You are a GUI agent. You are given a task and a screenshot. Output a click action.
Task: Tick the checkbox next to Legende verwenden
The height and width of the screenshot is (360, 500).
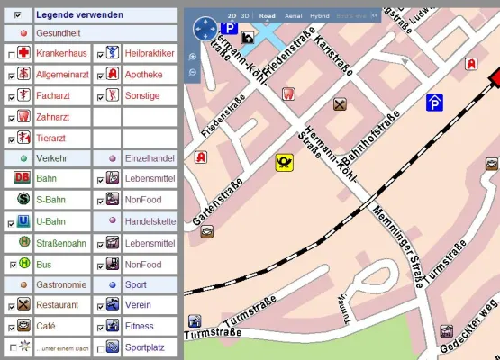18,15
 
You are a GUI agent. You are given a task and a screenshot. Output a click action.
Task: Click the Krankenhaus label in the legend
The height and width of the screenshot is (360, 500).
60,54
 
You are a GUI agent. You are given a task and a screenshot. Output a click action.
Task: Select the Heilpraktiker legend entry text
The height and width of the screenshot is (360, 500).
149,54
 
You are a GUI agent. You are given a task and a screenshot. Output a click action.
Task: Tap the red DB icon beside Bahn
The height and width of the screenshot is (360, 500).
23,178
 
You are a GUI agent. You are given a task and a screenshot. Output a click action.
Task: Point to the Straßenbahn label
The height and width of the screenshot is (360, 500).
66,241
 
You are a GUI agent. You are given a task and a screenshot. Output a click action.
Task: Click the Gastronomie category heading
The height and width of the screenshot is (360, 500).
61,284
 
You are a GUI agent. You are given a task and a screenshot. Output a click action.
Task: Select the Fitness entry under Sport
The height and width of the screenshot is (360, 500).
140,326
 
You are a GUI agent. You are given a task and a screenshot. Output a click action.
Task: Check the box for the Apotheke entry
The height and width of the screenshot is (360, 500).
99,75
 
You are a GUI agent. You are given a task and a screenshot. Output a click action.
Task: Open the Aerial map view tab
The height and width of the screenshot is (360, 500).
293,16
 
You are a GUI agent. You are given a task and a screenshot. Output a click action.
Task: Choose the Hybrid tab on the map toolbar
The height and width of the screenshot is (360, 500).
320,16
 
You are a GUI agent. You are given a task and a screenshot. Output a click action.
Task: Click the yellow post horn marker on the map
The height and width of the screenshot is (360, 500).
285,163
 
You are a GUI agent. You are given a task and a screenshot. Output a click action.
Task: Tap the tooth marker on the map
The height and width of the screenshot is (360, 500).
288,93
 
